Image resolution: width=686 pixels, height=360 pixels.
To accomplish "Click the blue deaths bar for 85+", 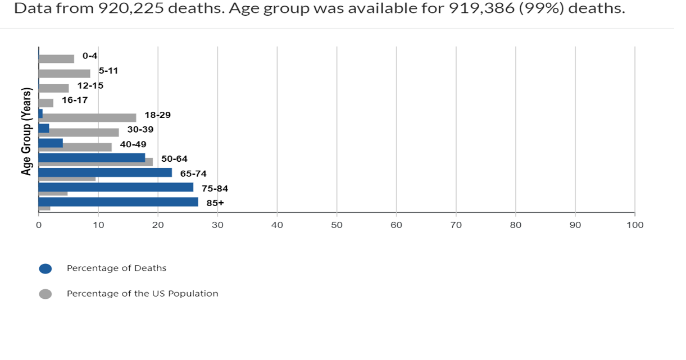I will point(118,202).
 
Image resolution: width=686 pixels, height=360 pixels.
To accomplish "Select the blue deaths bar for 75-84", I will point(116,187).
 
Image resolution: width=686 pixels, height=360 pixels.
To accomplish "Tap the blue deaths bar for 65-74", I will point(105,172).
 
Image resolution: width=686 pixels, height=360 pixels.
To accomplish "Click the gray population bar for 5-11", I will point(64,74).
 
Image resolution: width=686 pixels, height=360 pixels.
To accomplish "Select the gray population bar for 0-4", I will point(56,59).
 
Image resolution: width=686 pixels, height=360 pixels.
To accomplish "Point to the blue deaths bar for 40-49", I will point(51,143).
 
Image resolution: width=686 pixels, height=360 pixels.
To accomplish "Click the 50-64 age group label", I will point(174,159).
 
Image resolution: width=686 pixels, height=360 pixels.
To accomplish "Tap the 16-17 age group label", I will point(75,100).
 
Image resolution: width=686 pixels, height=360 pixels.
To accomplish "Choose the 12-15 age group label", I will point(90,86).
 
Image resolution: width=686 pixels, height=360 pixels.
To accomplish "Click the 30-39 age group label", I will point(140,129).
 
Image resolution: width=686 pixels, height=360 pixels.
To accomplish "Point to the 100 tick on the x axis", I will point(635,225).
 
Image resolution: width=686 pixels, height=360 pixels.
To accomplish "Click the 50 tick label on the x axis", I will point(337,225).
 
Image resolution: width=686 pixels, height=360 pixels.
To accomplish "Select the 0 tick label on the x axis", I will point(39,225).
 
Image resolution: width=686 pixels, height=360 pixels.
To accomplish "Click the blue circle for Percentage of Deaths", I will point(46,268).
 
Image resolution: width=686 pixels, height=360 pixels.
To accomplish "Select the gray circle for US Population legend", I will point(46,294).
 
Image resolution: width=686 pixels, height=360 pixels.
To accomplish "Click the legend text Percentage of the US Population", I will point(142,294).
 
